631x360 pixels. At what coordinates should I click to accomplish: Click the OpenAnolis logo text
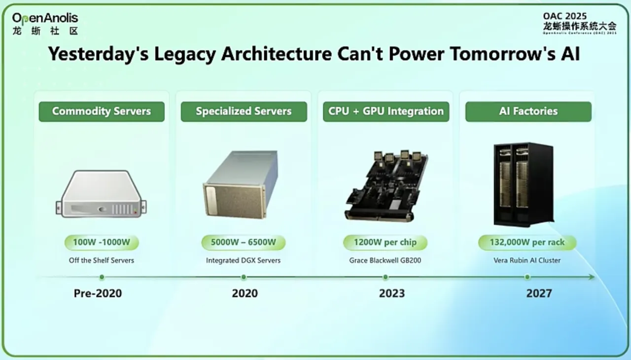click(45, 18)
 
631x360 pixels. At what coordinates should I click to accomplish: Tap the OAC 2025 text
click(565, 16)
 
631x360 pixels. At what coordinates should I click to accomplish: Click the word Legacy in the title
click(185, 54)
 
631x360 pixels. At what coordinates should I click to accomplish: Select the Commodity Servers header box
click(102, 111)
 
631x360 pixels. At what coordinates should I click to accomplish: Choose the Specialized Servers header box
click(244, 111)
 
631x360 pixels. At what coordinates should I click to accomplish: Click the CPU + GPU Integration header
click(386, 111)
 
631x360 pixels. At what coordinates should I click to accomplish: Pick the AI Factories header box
click(528, 111)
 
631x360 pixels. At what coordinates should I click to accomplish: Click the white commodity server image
click(101, 194)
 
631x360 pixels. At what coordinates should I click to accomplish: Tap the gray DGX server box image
click(241, 184)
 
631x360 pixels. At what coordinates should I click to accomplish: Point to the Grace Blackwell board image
click(386, 186)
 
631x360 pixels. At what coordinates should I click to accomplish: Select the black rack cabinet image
click(524, 184)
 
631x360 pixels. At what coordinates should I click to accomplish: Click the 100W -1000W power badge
click(102, 242)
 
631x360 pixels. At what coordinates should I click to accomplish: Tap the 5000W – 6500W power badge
click(244, 242)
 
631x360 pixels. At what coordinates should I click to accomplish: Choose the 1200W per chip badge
click(385, 242)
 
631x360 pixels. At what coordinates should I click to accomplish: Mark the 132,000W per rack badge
click(527, 242)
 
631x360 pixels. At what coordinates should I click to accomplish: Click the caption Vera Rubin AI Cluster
click(527, 260)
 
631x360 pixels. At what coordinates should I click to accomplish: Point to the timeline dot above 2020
click(244, 277)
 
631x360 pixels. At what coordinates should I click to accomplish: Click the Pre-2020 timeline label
click(98, 293)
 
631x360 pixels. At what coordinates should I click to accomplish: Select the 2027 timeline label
click(539, 293)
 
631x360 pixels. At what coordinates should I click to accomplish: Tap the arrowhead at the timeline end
click(592, 277)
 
